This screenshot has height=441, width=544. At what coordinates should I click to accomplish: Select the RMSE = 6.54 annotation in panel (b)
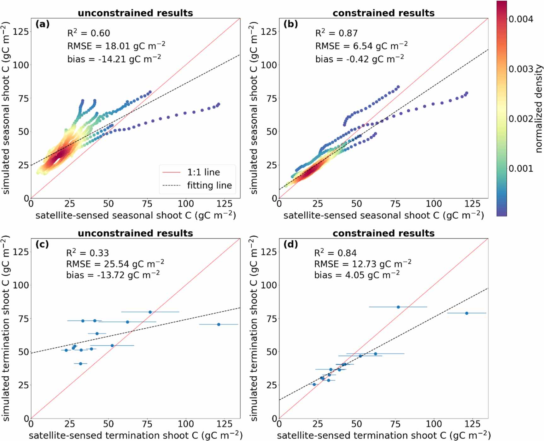click(x=361, y=46)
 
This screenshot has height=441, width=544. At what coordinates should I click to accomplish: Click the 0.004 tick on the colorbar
click(x=521, y=19)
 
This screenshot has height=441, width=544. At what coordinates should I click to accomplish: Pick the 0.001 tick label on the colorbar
click(x=521, y=168)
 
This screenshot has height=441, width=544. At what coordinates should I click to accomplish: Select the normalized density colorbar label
click(x=539, y=109)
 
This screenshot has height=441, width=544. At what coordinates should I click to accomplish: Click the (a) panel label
click(x=42, y=24)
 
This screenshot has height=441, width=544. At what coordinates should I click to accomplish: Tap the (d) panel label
click(x=290, y=244)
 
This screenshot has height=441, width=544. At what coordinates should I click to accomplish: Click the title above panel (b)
click(x=383, y=13)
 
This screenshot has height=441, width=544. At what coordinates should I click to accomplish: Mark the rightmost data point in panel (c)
click(x=219, y=324)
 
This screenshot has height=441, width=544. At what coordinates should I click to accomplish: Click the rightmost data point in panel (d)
click(x=467, y=313)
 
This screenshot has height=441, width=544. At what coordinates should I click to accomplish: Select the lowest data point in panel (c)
click(x=80, y=364)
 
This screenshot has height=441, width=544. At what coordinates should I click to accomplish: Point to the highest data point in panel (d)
click(x=398, y=307)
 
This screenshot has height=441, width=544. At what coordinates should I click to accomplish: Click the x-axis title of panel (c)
click(x=136, y=435)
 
